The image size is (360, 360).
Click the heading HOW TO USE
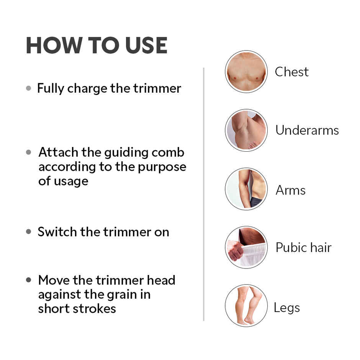pos(97,46)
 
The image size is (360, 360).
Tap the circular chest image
pos(246,72)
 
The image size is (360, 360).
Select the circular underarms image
pos(246,130)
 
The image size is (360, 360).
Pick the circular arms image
pos(246,189)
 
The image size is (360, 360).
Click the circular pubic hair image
pos(246,247)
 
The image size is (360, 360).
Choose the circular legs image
pos(246,305)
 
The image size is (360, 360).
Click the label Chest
pos(291,72)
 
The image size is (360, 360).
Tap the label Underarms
pos(307,130)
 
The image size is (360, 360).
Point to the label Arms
pos(290,190)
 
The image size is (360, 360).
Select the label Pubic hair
pos(303,248)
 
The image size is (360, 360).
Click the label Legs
pos(286,308)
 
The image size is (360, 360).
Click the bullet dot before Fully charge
pos(29,88)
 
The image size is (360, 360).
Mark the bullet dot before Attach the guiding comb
pos(29,152)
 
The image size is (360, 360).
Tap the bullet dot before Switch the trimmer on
pos(29,232)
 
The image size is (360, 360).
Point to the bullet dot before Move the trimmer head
pos(29,280)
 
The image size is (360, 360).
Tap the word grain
pos(133,295)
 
